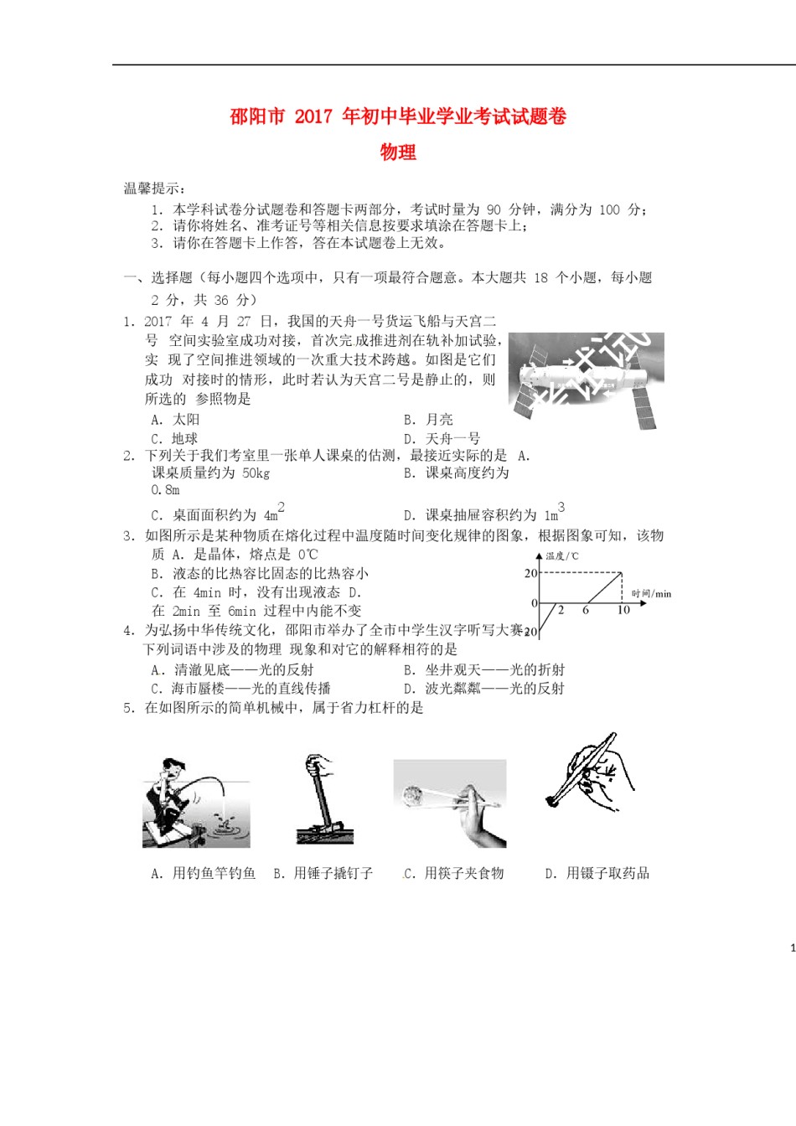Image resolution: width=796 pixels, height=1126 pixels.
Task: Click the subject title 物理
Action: (x=398, y=152)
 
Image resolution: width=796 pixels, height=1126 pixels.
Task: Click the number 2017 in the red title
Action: (x=313, y=116)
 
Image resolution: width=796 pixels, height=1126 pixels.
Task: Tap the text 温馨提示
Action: (x=154, y=189)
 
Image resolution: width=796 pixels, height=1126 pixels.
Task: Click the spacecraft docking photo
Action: (x=586, y=380)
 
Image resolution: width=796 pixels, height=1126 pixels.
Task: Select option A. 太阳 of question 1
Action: (x=175, y=420)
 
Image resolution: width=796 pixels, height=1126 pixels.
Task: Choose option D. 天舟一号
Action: (x=442, y=439)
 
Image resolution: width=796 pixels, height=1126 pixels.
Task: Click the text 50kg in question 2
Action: (x=256, y=473)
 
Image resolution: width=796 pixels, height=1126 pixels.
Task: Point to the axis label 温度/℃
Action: (x=562, y=556)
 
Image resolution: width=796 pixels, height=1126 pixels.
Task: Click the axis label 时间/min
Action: (x=651, y=594)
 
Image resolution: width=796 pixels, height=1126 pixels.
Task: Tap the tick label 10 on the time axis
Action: (x=623, y=611)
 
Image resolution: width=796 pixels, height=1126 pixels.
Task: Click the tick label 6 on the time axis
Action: (x=586, y=611)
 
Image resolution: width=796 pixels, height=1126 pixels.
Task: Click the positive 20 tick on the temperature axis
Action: (x=530, y=574)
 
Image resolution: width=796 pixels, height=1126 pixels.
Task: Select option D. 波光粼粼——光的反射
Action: (x=483, y=689)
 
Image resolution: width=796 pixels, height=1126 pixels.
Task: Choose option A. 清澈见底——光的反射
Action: (x=232, y=670)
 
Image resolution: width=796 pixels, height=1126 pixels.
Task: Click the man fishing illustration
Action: (x=195, y=803)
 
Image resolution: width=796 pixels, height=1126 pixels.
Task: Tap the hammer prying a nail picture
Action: (x=324, y=800)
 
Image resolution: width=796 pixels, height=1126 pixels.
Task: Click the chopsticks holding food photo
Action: (x=450, y=803)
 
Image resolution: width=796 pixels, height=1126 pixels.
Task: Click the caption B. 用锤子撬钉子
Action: (x=323, y=874)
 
